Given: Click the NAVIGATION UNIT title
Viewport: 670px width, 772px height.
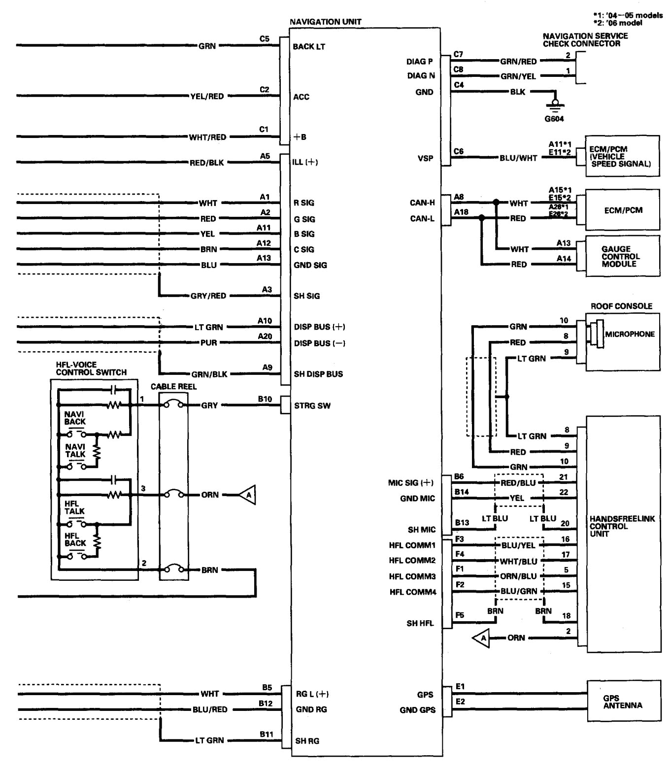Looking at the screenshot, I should (325, 22).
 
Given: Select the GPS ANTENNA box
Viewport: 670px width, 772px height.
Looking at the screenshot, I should (623, 702).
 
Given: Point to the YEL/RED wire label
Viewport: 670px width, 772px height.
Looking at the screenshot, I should (207, 97).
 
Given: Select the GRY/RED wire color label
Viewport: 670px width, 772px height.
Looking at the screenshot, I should (208, 296).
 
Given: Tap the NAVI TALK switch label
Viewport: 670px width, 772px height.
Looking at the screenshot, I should (74, 450).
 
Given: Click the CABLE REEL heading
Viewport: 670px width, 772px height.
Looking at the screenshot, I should (173, 387).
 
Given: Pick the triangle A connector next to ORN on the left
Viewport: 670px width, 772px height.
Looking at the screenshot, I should (248, 495).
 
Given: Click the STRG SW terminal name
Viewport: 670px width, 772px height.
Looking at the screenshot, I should (312, 406).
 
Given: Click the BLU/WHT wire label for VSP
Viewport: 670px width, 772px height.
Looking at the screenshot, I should (518, 158).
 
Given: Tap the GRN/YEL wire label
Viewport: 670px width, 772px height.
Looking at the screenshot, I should (518, 76).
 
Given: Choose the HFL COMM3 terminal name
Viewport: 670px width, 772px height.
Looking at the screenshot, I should (412, 576).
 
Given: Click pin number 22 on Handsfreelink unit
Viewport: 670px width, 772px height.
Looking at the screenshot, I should (564, 492).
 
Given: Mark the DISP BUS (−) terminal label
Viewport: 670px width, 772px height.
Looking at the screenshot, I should (319, 343).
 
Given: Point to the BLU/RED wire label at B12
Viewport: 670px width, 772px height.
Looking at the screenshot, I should (210, 709).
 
